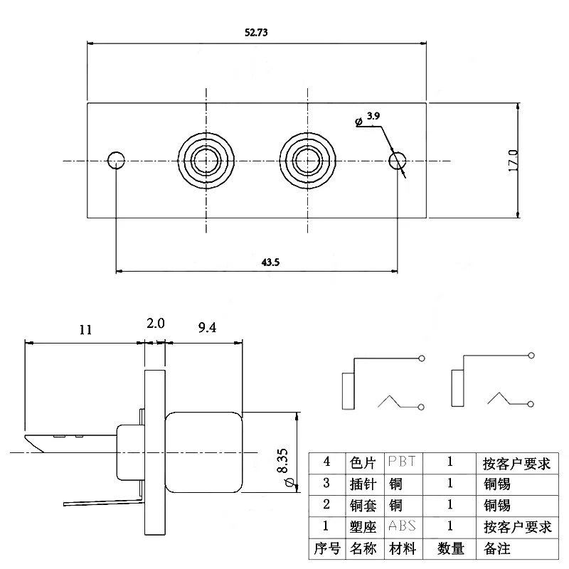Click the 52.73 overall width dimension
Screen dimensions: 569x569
click(256, 33)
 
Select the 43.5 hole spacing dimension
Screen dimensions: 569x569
click(270, 262)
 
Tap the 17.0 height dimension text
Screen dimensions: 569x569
click(513, 161)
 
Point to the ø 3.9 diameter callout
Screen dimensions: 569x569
click(367, 119)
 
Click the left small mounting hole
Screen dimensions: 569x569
click(116, 161)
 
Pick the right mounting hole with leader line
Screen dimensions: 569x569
click(397, 161)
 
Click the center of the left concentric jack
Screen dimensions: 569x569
click(206, 161)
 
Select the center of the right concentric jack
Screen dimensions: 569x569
click(308, 161)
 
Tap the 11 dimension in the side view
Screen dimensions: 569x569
click(85, 330)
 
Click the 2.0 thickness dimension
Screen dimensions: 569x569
click(156, 324)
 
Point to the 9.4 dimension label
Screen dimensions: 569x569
click(207, 328)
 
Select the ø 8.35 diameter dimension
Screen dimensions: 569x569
click(285, 467)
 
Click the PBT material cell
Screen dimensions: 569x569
click(402, 462)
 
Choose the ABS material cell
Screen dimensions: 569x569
click(402, 526)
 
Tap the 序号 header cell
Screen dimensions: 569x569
click(327, 548)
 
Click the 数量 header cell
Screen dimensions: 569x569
click(450, 548)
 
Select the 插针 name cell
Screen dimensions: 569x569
click(363, 484)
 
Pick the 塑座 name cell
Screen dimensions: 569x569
click(363, 527)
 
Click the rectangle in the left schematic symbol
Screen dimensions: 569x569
click(349, 390)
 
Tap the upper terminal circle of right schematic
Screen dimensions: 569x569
click(531, 355)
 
